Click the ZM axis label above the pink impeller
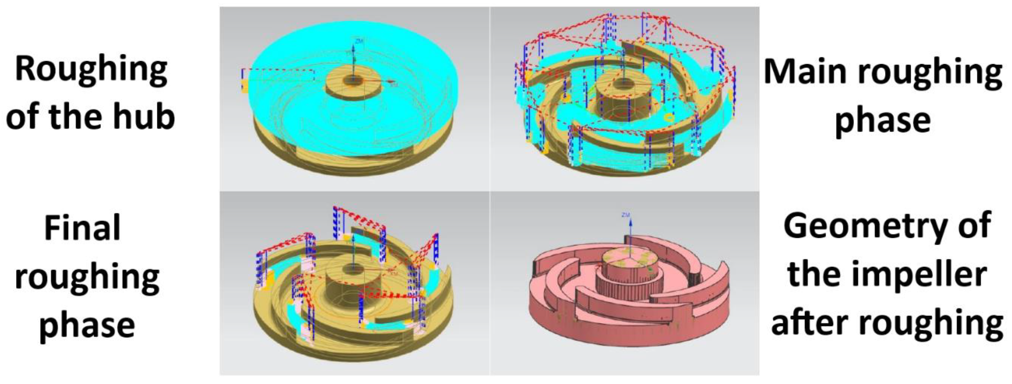[626, 215]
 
